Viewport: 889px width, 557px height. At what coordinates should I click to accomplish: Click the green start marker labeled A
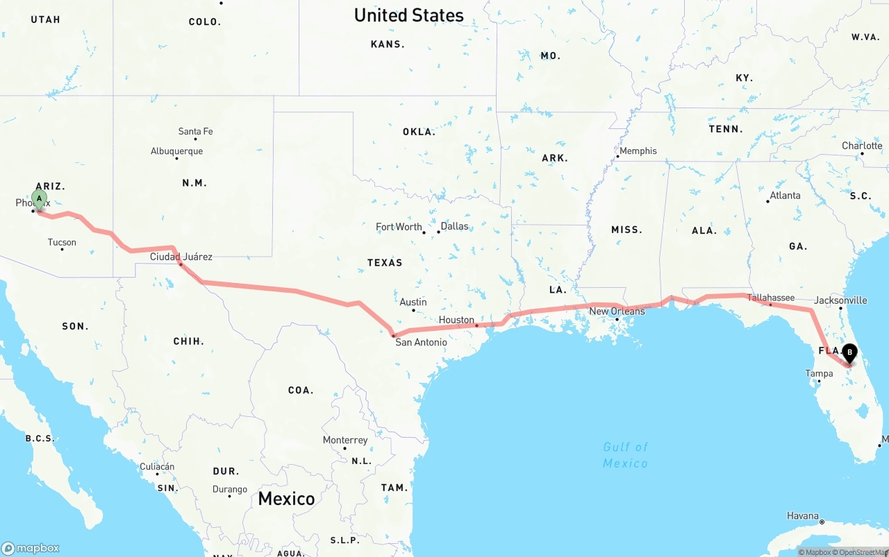[x=40, y=200]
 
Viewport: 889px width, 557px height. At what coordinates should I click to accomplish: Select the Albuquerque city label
[x=176, y=151]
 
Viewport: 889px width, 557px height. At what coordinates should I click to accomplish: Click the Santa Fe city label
[x=195, y=131]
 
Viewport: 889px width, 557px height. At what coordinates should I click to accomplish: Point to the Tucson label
[x=62, y=242]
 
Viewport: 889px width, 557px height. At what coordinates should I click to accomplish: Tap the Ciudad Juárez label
[x=181, y=257]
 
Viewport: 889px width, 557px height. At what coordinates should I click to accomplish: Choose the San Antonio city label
[x=421, y=342]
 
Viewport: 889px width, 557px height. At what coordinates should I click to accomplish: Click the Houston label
[x=456, y=320]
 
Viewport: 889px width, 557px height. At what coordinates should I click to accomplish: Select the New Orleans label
[x=617, y=311]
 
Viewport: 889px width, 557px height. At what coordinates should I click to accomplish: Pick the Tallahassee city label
[x=771, y=298]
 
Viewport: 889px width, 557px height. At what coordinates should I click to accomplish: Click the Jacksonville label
[x=840, y=300]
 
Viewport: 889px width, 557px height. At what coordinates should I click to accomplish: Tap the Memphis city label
[x=638, y=151]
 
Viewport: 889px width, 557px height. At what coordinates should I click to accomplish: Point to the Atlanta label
[x=785, y=196]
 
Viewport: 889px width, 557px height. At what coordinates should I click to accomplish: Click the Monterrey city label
[x=345, y=440]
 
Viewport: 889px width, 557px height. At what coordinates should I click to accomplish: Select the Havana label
[x=803, y=515]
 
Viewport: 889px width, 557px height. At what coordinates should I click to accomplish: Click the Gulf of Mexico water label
[x=625, y=455]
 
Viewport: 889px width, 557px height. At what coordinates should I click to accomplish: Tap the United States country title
[x=408, y=15]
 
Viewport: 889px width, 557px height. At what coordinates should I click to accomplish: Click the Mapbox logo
[x=31, y=548]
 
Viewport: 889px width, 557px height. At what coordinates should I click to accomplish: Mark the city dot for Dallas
[x=438, y=232]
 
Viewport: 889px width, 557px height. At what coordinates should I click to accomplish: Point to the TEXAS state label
[x=385, y=262]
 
